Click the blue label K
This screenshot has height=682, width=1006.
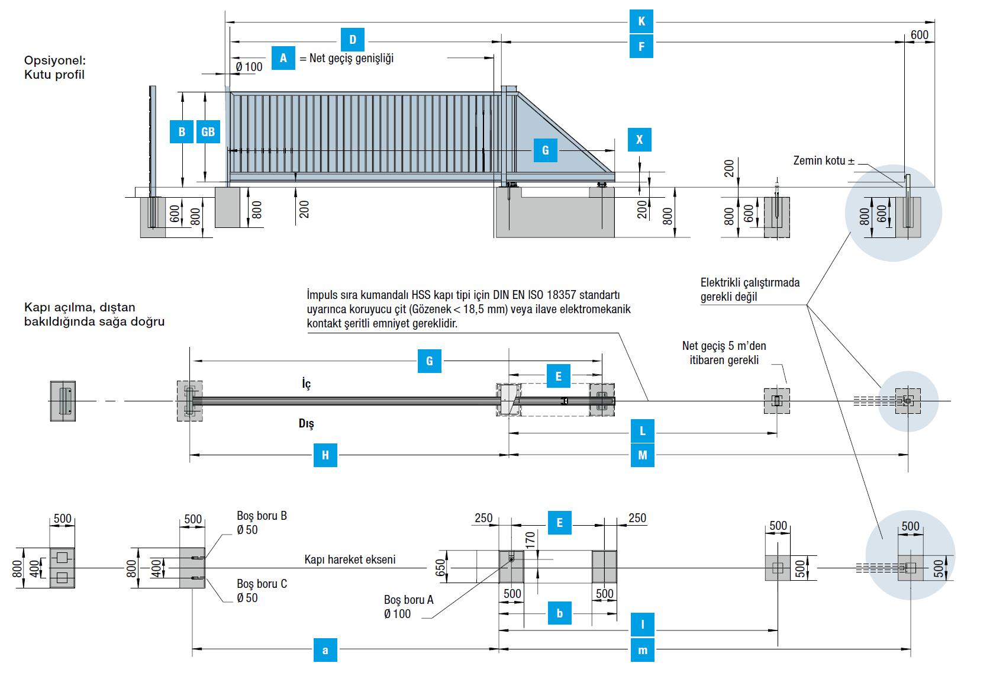tap(641, 21)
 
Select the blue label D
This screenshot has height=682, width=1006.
tap(353, 40)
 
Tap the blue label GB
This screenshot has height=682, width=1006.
tap(208, 131)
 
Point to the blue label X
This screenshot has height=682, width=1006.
tap(639, 140)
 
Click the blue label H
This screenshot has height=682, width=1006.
tap(325, 455)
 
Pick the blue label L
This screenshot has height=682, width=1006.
tap(642, 431)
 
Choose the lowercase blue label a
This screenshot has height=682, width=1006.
tap(325, 650)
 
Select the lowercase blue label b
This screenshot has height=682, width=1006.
tap(559, 613)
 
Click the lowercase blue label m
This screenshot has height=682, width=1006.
tap(642, 650)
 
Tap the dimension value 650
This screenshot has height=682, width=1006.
tap(440, 567)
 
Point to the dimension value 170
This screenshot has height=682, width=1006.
tap(530, 539)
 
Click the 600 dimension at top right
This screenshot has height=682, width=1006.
tap(919, 35)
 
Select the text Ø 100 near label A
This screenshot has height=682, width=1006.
tap(249, 67)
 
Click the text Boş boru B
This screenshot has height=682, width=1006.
tap(262, 516)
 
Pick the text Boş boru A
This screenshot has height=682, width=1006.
tap(408, 600)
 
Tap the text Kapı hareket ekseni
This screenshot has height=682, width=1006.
tap(350, 559)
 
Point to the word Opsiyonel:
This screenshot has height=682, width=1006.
tap(55, 60)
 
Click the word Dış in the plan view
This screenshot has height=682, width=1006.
tap(306, 423)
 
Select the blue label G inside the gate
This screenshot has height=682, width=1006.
tap(545, 150)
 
